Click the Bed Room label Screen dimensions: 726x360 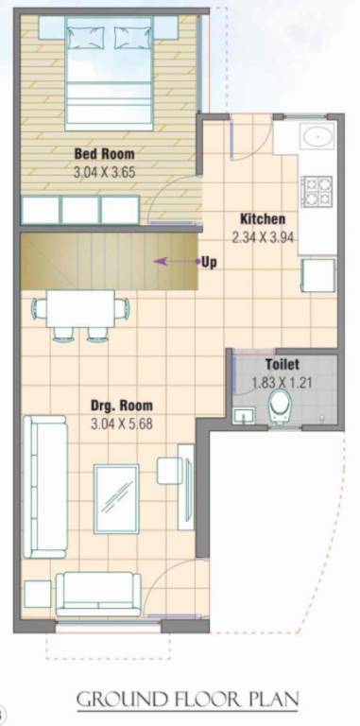pos(105,153)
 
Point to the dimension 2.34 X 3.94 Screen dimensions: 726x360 pos(265,238)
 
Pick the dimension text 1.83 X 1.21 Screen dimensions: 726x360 pos(283,384)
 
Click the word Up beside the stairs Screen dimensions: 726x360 pos(208,262)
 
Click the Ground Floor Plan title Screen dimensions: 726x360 pos(187,700)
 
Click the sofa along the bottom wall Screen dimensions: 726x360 pos(98,594)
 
